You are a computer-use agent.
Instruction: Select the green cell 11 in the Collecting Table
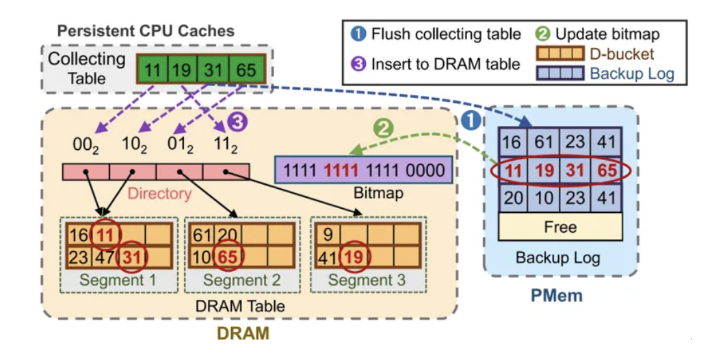coord(153,69)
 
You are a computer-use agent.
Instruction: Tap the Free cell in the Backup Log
coord(560,227)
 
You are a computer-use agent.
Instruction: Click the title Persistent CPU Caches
coord(146,31)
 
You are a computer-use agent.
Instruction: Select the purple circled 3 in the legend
coord(357,64)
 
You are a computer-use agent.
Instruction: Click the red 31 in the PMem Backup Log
coord(575,170)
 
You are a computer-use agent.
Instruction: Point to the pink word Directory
coord(159,193)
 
